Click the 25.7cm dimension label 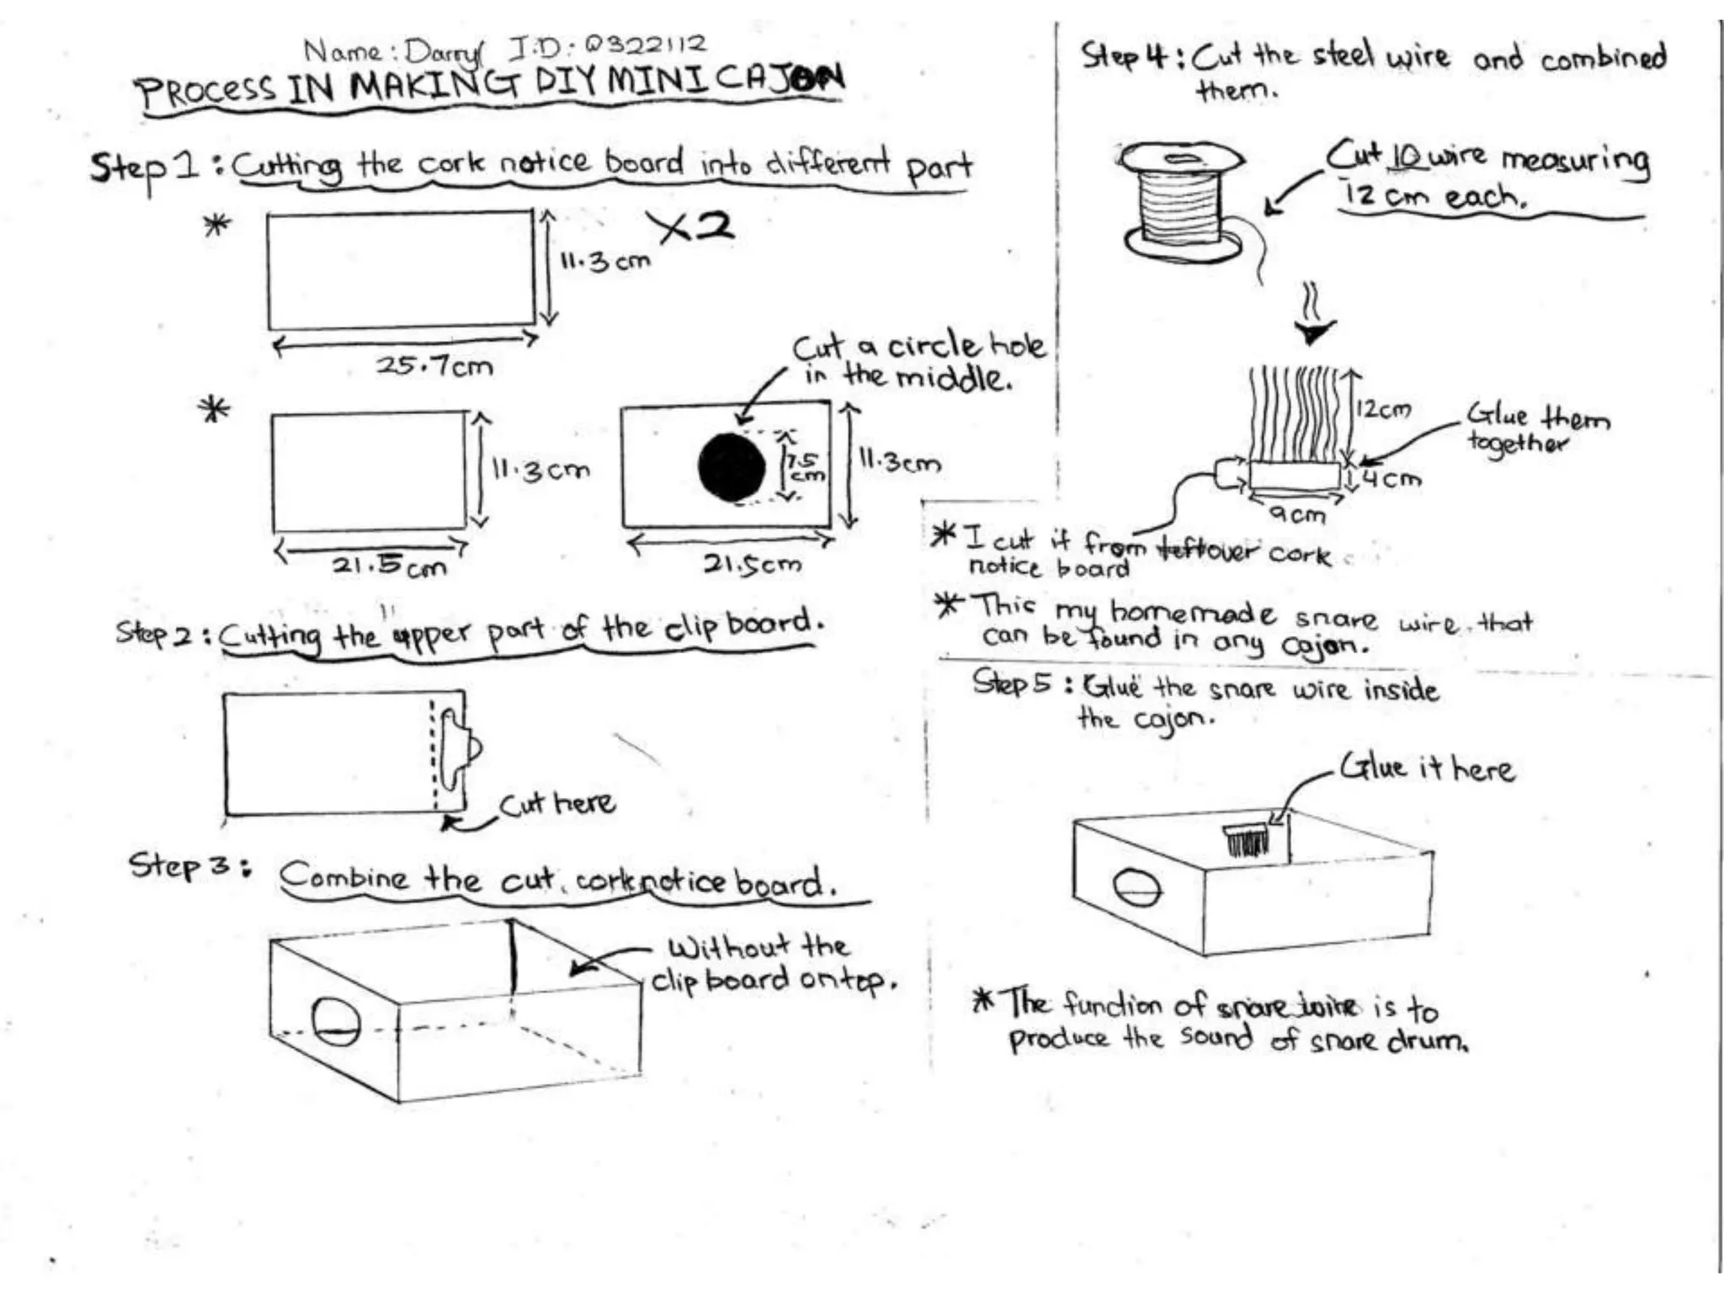(x=434, y=365)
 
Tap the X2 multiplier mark (x=690, y=227)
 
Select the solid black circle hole (x=732, y=467)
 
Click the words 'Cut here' (x=556, y=803)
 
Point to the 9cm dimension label (x=1296, y=513)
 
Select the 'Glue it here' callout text (x=1428, y=768)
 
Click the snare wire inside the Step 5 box (x=1246, y=839)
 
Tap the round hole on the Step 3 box (x=336, y=1021)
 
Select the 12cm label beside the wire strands (x=1383, y=410)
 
